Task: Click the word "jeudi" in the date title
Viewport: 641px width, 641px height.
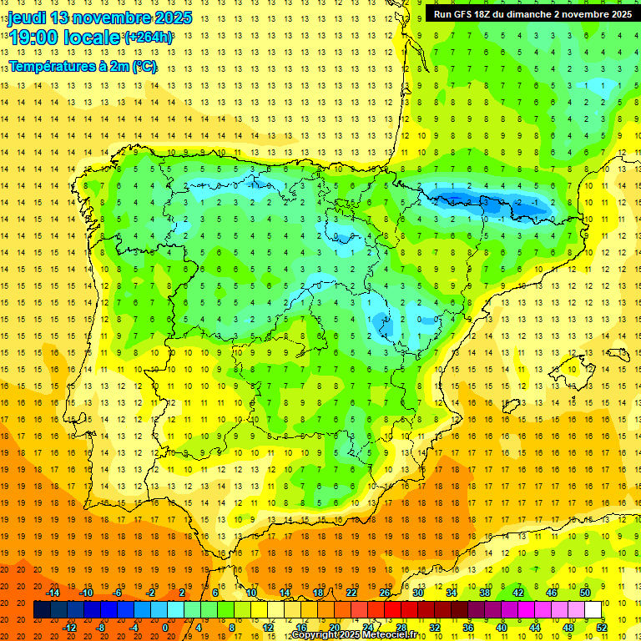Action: coord(27,18)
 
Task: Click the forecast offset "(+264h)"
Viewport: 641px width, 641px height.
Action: coord(149,38)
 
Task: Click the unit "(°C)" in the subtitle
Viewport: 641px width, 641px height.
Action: coord(141,66)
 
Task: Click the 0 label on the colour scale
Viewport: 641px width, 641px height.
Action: coord(165,627)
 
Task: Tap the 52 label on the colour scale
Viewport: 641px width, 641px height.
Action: coord(601,627)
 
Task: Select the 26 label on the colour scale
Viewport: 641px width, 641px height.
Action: coord(385,593)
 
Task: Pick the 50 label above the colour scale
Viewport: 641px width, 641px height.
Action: coord(584,593)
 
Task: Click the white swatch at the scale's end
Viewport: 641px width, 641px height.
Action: coord(593,609)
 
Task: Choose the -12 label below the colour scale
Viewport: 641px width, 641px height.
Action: coord(70,627)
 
